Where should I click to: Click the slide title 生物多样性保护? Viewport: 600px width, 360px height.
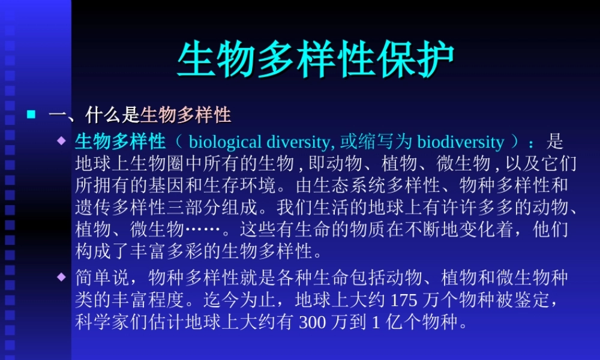pos(316,60)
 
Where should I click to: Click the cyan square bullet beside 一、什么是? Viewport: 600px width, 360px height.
pos(32,112)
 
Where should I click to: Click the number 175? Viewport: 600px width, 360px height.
pos(402,299)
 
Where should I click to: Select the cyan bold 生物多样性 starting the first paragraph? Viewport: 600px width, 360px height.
pos(121,142)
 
